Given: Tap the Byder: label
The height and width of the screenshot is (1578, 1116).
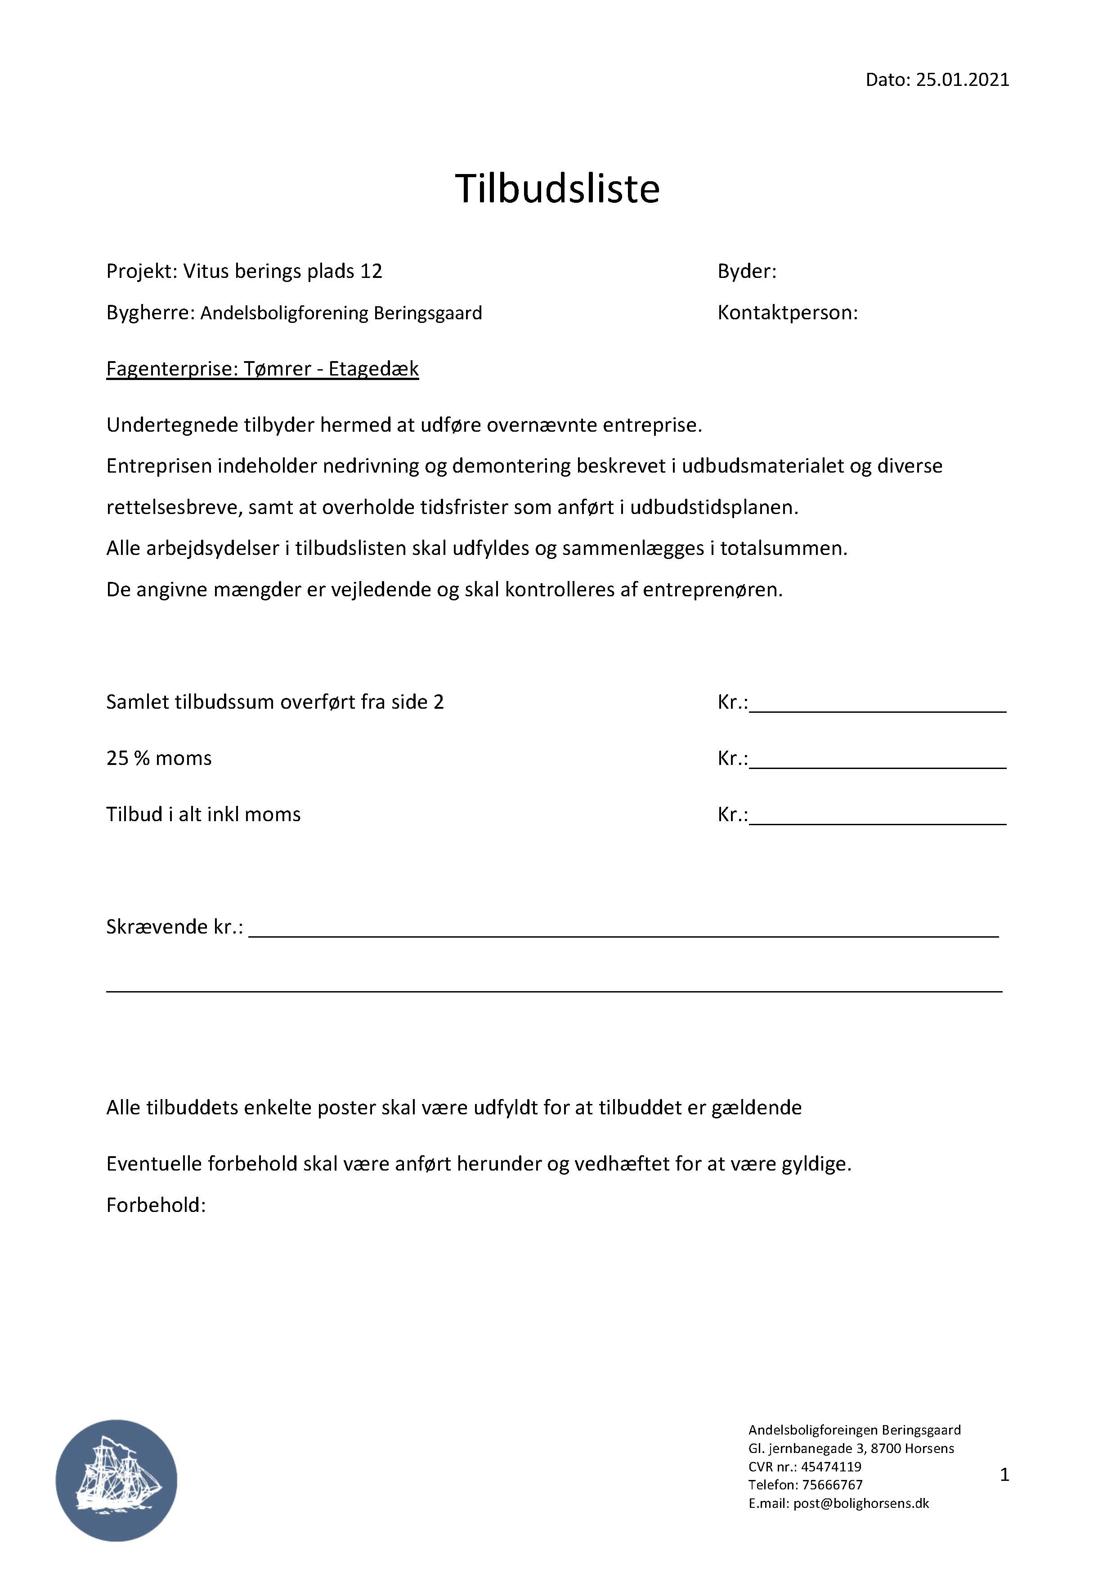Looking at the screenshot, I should (747, 272).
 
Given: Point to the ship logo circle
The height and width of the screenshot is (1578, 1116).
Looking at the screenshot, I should (116, 1480).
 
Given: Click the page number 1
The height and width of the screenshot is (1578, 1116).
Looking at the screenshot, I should (1004, 1474).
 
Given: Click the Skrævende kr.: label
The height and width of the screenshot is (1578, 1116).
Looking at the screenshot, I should (175, 927).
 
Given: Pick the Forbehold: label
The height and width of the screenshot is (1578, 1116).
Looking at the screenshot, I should (156, 1205).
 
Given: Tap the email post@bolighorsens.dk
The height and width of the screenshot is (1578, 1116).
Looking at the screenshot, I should (861, 1503).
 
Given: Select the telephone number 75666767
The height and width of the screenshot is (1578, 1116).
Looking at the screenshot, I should (832, 1484).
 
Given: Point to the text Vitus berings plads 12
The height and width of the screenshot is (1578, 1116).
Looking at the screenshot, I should (282, 272).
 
